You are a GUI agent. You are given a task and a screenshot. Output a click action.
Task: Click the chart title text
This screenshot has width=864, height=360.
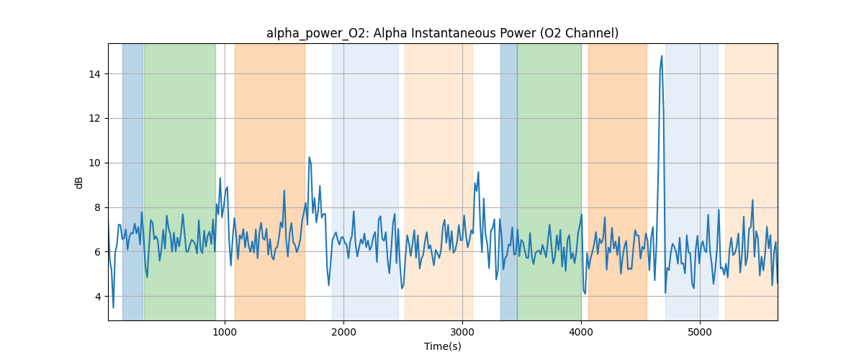442,33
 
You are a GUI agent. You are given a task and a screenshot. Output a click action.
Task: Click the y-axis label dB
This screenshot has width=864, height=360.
79,182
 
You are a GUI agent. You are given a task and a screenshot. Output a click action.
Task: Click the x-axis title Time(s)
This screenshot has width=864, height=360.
442,346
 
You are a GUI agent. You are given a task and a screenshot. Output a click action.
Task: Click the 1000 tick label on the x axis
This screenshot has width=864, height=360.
225,331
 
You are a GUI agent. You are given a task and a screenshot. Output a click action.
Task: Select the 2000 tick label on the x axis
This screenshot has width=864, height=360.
343,331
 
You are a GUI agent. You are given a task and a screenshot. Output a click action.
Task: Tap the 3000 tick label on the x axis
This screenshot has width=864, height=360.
462,331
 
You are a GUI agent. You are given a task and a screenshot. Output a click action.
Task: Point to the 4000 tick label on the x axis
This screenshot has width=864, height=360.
581,331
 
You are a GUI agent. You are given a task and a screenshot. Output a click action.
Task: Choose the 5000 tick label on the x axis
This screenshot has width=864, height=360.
700,331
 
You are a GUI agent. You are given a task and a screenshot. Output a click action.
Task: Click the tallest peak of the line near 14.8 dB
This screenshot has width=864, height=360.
662,56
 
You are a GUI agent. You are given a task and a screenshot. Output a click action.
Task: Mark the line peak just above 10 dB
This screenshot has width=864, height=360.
309,157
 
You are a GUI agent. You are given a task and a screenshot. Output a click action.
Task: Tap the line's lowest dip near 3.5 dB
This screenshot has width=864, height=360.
113,307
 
